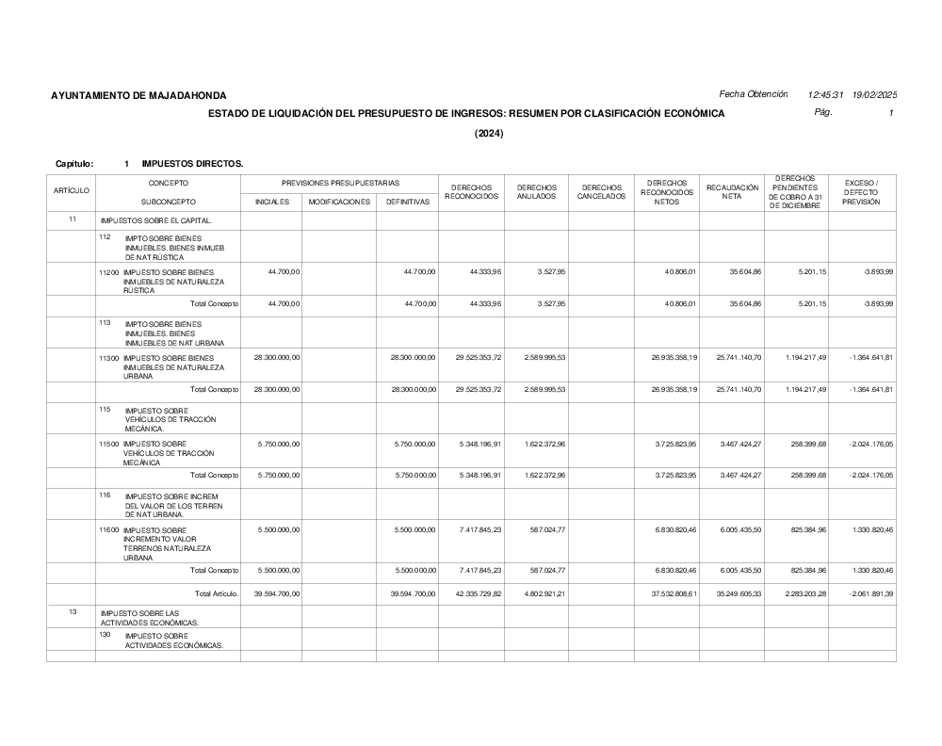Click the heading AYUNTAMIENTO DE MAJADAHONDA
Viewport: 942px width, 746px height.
pos(138,95)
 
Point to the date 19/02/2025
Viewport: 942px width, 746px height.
pos(874,95)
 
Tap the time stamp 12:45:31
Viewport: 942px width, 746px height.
pos(825,95)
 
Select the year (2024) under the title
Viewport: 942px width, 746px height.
pos(489,134)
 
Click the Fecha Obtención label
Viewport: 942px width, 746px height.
pos(753,94)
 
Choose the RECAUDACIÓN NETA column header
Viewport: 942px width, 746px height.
pos(732,192)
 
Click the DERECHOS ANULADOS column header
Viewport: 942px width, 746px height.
pos(536,192)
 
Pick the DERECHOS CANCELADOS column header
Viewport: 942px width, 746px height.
pos(601,192)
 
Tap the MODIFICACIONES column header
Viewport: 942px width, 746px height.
pos(339,202)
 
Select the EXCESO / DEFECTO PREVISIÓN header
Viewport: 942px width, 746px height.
pos(861,192)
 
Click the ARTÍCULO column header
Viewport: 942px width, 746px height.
pos(72,191)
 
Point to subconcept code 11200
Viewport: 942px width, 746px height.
pos(109,272)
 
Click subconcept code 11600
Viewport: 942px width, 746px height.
pos(109,530)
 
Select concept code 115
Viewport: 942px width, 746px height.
pos(105,408)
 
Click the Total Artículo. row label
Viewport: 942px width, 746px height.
pos(217,594)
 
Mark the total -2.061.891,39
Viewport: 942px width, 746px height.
pos(868,594)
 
